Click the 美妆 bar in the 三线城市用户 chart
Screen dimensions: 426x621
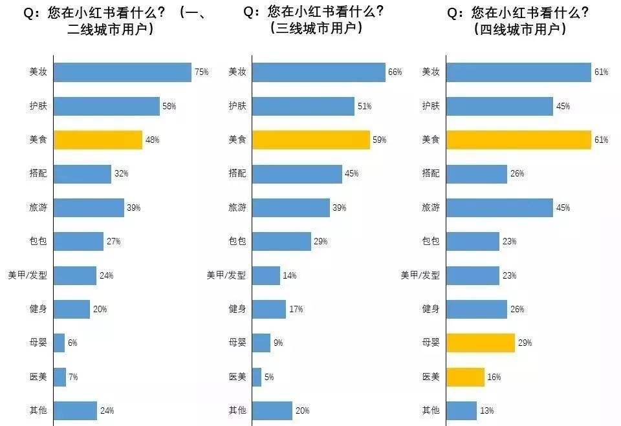pyautogui.click(x=318, y=72)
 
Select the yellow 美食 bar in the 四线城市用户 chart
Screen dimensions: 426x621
pyautogui.click(x=519, y=140)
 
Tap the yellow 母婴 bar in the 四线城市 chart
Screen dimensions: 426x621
pyautogui.click(x=481, y=343)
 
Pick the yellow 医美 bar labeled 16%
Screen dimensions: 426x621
pyautogui.click(x=465, y=377)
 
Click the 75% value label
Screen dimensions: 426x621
pyautogui.click(x=201, y=72)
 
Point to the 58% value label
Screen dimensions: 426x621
pyautogui.click(x=169, y=106)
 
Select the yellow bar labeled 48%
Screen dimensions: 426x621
pyautogui.click(x=98, y=140)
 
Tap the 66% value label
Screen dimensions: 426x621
pyautogui.click(x=395, y=72)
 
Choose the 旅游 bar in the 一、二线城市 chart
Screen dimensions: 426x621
pyautogui.click(x=89, y=208)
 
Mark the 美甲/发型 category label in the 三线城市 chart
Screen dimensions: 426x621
pyautogui.click(x=226, y=275)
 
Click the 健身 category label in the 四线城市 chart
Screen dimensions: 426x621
pyautogui.click(x=431, y=309)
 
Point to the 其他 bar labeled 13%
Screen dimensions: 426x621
pyautogui.click(x=461, y=410)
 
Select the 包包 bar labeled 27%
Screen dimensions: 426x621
pyautogui.click(x=78, y=241)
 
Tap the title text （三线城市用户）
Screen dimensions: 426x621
pyautogui.click(x=315, y=29)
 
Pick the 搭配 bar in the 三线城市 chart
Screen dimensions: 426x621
pyautogui.click(x=297, y=174)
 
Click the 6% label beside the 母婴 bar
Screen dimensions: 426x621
pyautogui.click(x=72, y=343)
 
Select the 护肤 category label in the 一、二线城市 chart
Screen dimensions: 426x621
pyautogui.click(x=38, y=106)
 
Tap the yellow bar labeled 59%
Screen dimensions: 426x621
pyautogui.click(x=310, y=140)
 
